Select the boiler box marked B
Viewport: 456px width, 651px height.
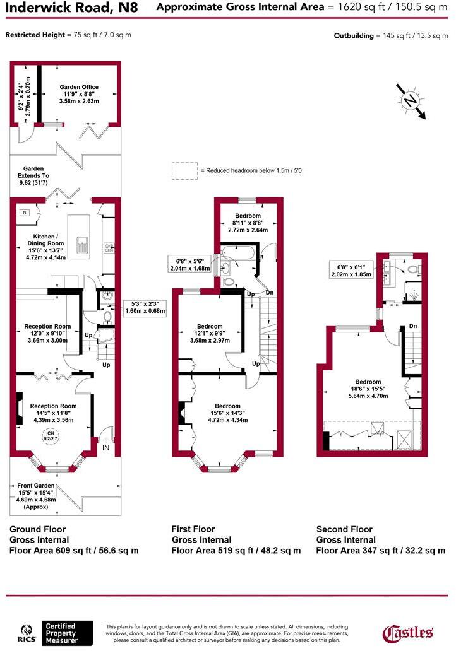(x=25, y=213)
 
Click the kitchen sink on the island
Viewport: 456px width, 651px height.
(x=82, y=244)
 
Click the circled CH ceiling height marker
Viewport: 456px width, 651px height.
(x=49, y=435)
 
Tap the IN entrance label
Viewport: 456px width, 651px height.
(x=106, y=448)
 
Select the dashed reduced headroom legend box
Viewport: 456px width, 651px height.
(x=184, y=170)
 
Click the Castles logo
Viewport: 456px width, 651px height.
(x=408, y=632)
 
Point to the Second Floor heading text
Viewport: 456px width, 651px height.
(x=344, y=529)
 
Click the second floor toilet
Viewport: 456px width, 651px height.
(x=413, y=268)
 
